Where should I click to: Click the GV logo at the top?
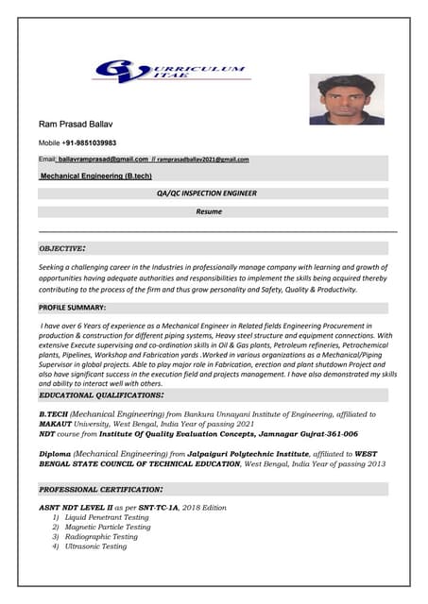click(x=170, y=74)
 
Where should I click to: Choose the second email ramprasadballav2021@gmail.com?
click(x=202, y=159)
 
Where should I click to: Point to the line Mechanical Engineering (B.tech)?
click(x=95, y=176)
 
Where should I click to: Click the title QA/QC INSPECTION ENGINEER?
click(x=207, y=193)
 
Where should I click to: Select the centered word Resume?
click(x=209, y=211)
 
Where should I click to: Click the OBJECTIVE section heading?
click(x=62, y=248)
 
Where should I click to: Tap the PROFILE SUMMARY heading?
click(x=72, y=308)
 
